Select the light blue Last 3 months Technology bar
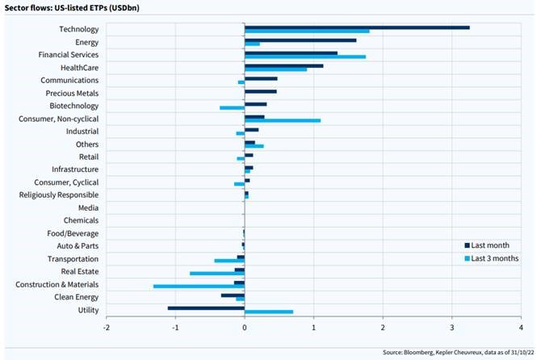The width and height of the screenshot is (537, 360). tap(307, 31)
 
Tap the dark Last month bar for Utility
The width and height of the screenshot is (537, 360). tap(206, 308)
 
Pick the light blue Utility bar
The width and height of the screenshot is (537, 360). tap(269, 312)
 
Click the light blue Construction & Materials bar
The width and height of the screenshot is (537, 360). tap(199, 286)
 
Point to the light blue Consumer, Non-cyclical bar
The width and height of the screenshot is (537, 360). tap(283, 120)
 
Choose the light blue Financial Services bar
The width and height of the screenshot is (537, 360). tap(305, 57)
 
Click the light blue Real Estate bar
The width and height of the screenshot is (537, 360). tap(217, 274)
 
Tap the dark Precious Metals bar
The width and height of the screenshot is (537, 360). tap(261, 91)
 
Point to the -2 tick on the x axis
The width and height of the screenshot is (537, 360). tap(107, 329)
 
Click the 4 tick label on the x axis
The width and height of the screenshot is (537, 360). tap(521, 329)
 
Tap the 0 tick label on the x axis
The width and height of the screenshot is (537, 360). tap(245, 329)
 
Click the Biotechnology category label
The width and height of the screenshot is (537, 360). tap(74, 106)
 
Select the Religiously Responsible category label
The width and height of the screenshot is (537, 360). tap(59, 195)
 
